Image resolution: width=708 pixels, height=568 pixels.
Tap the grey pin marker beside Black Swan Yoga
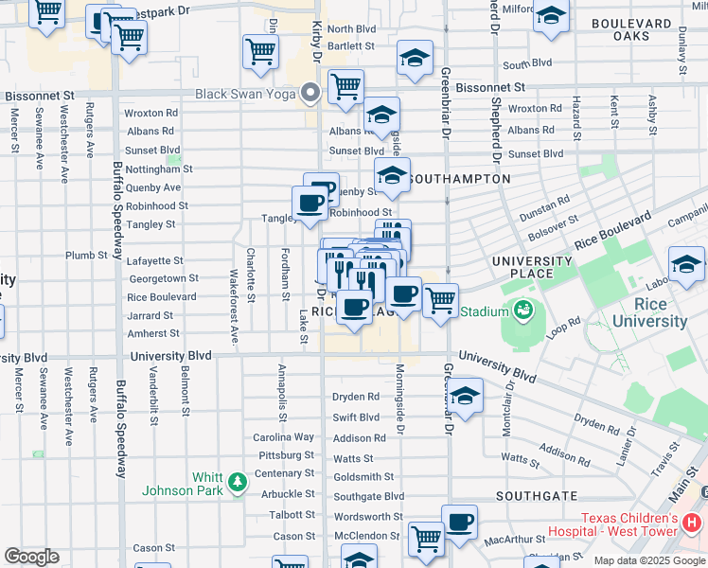[310, 93]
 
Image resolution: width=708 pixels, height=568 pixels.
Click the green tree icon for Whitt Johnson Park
[236, 485]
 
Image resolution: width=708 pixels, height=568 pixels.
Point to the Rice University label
[649, 313]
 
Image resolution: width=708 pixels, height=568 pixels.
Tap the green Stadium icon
[522, 310]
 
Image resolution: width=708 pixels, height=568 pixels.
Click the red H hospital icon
[692, 522]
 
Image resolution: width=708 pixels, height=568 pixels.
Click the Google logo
[31, 557]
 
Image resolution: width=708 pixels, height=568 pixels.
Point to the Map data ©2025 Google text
[648, 560]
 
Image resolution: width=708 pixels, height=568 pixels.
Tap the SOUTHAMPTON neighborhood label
[461, 179]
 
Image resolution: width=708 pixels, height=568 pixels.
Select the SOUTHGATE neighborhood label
[536, 496]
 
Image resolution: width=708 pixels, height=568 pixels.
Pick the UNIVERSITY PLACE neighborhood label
[531, 267]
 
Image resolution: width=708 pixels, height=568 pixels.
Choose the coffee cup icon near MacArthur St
[460, 523]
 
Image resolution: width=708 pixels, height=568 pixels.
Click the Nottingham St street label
[158, 169]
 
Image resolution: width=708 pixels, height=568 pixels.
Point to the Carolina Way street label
[283, 437]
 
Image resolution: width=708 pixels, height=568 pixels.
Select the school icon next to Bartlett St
[414, 58]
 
